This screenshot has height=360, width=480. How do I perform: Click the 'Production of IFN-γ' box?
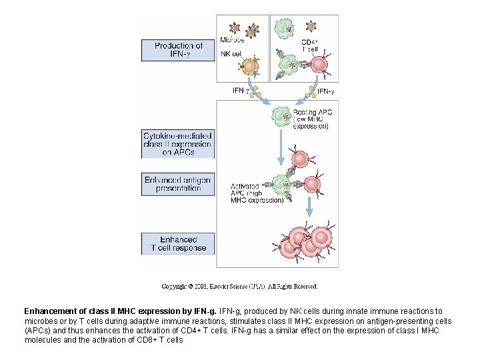[178, 50]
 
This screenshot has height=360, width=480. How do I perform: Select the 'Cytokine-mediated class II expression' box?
[178, 144]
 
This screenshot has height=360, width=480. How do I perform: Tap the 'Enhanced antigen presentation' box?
[178, 184]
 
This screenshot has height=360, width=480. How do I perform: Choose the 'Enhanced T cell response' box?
[178, 243]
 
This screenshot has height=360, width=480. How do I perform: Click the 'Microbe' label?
[231, 39]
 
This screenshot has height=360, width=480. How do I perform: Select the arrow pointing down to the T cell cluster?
[309, 209]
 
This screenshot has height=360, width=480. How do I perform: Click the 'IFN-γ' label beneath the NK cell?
[241, 90]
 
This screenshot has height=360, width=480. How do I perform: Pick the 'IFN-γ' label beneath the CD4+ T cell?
[325, 91]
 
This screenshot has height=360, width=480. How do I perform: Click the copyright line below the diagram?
[239, 287]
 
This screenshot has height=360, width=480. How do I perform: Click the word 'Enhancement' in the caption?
[53, 311]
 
